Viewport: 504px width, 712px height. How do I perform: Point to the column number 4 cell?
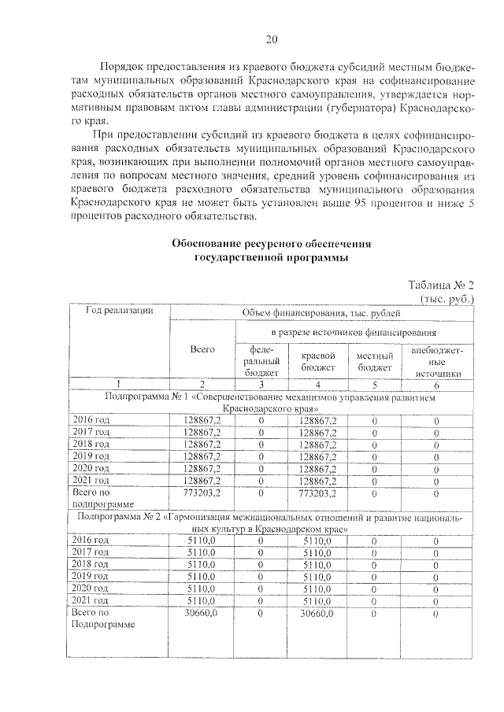(318, 384)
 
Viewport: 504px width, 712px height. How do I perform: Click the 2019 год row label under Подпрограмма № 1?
(91, 456)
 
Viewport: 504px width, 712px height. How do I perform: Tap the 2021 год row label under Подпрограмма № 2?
(91, 600)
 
